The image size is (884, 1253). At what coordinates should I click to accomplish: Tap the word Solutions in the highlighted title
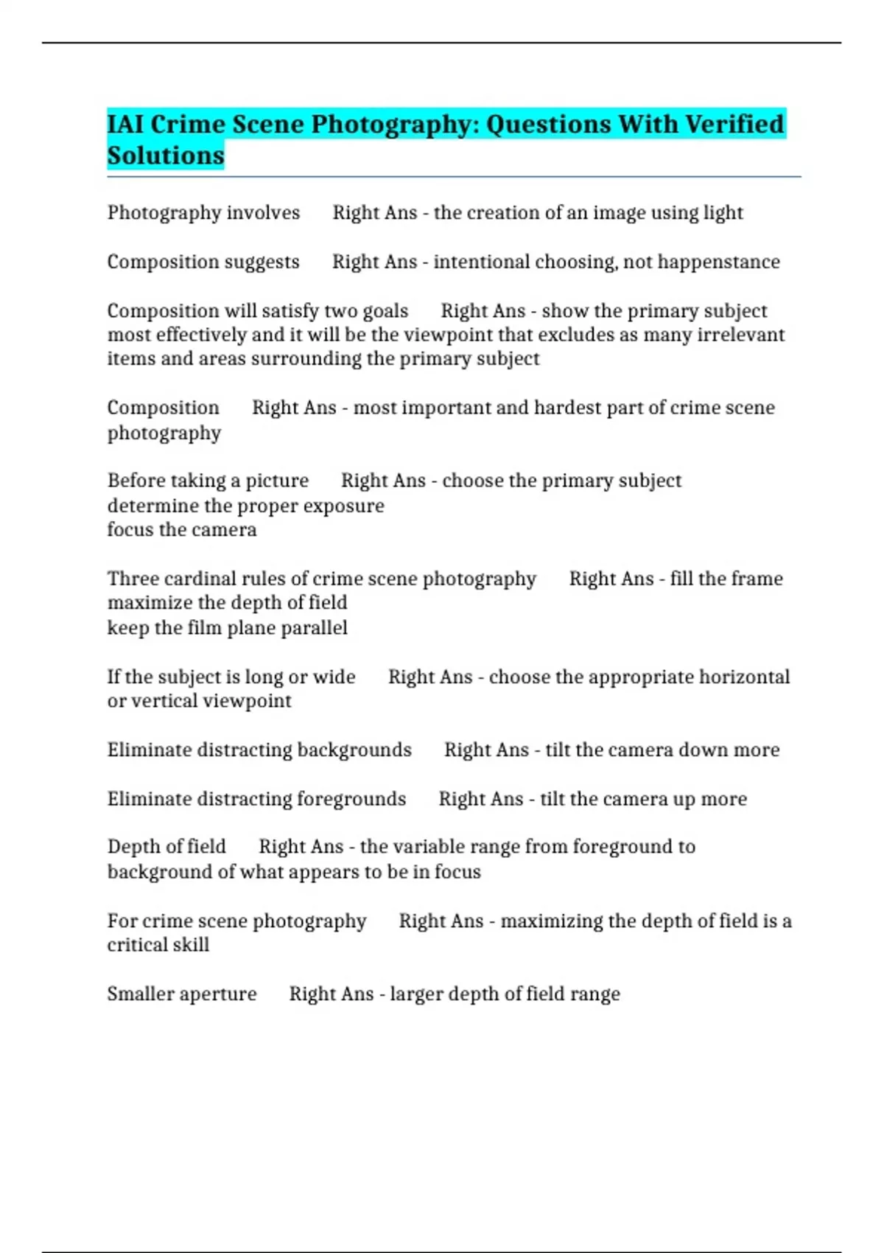pyautogui.click(x=166, y=156)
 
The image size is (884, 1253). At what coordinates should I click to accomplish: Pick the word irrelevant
pyautogui.click(x=740, y=335)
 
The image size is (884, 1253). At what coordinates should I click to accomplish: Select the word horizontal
pyautogui.click(x=744, y=677)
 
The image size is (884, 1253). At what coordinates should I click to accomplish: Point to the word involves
pyautogui.click(x=263, y=213)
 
